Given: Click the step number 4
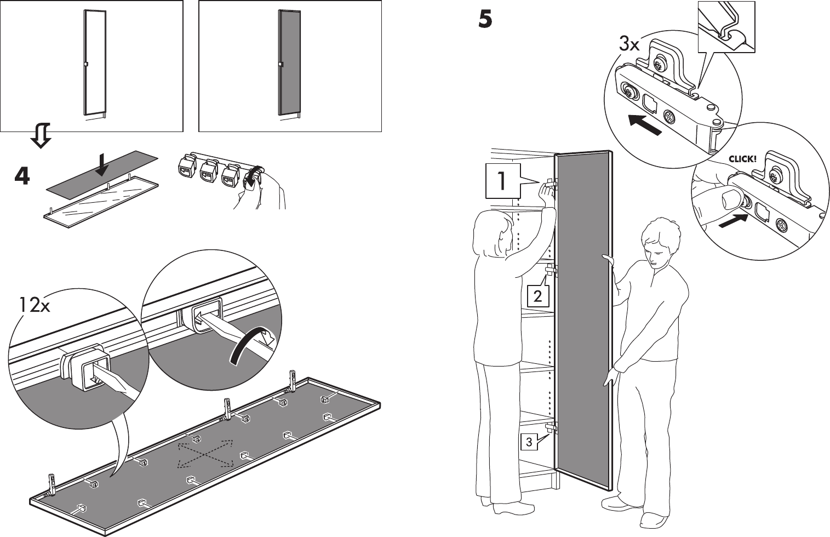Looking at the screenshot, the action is [x=22, y=176].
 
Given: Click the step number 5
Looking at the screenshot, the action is [x=485, y=20].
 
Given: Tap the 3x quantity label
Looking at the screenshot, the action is [x=629, y=44].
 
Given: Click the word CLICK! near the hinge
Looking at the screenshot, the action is [x=742, y=159].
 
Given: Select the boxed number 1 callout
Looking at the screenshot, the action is [x=502, y=182].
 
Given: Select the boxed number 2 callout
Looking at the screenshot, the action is [x=537, y=296].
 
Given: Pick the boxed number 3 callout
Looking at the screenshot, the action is [x=529, y=442].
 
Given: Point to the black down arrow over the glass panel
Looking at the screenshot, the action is [x=101, y=164].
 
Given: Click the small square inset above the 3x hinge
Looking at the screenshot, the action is [x=726, y=26].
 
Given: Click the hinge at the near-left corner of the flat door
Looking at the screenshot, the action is [x=53, y=484].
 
